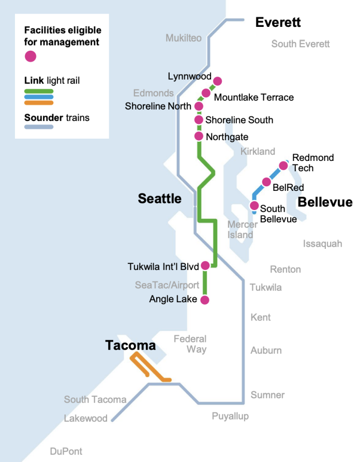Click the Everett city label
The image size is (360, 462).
click(x=278, y=22)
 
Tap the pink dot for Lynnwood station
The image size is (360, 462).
click(x=217, y=81)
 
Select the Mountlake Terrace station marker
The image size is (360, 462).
click(x=206, y=93)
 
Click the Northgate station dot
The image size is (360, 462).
click(x=199, y=137)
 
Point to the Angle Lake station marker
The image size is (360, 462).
click(x=205, y=300)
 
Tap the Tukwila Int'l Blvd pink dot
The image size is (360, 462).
click(x=205, y=265)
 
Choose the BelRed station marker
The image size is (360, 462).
click(x=266, y=182)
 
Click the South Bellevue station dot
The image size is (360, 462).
click(x=254, y=206)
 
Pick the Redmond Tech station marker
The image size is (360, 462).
click(x=283, y=166)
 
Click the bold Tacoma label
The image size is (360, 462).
click(x=130, y=345)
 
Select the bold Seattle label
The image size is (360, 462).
click(x=159, y=199)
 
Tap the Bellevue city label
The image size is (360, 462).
click(x=325, y=202)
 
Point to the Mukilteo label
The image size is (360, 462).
click(x=184, y=38)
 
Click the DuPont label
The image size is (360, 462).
click(x=66, y=452)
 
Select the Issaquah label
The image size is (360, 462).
click(x=322, y=243)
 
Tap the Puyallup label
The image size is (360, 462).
click(x=230, y=416)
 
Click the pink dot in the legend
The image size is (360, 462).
click(x=31, y=56)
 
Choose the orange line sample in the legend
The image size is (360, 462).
click(x=39, y=102)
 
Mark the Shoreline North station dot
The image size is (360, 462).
click(x=199, y=106)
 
